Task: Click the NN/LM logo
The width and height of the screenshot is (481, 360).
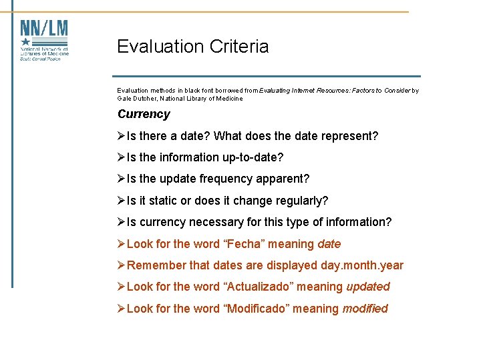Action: (x=44, y=40)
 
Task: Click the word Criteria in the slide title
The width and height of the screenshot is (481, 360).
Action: (x=237, y=47)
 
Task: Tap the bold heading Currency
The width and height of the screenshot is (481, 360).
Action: (x=144, y=114)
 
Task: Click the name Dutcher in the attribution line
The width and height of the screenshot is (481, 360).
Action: (x=150, y=99)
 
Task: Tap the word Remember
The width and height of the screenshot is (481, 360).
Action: (x=156, y=265)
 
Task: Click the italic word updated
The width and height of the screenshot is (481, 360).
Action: (x=368, y=287)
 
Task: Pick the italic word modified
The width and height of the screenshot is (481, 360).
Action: (x=365, y=309)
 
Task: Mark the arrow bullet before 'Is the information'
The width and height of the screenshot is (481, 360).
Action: (x=122, y=158)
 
